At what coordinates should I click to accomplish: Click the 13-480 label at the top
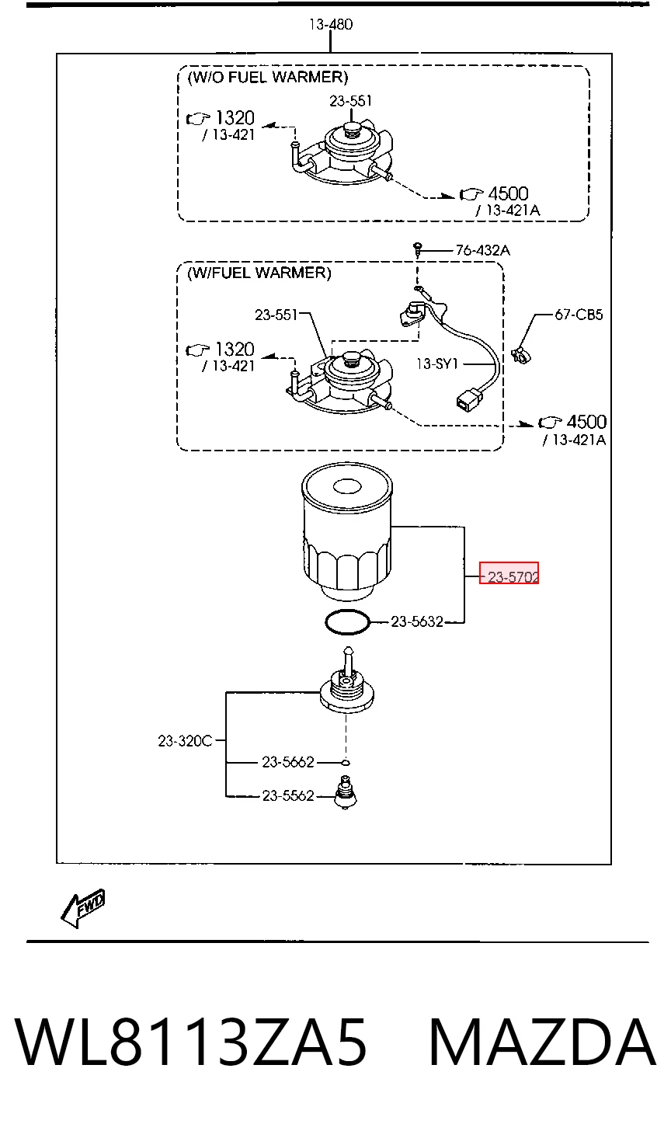click(x=331, y=24)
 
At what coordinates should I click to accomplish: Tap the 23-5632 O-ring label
click(x=416, y=621)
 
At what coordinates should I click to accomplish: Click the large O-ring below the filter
click(x=347, y=621)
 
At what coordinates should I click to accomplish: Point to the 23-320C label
click(x=185, y=741)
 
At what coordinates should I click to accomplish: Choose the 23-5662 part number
click(x=288, y=761)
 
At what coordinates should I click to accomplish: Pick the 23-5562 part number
click(x=288, y=795)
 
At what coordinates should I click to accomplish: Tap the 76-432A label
click(x=483, y=250)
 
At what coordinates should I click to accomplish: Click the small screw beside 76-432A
click(x=418, y=249)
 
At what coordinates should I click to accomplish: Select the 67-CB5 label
click(x=579, y=315)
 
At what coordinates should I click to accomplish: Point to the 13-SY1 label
click(x=436, y=364)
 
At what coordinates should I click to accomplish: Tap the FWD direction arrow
click(x=82, y=908)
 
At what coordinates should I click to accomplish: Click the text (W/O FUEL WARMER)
click(x=268, y=77)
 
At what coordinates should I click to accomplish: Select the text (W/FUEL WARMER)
click(x=259, y=273)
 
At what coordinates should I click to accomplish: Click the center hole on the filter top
click(x=347, y=487)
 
